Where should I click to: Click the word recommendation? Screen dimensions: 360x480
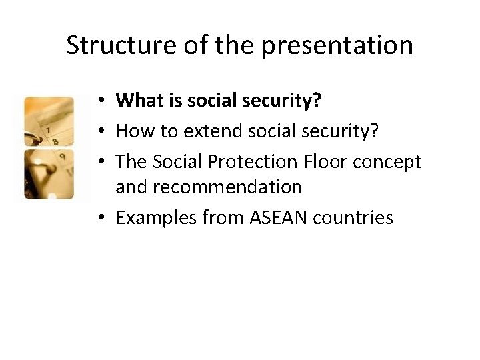209,187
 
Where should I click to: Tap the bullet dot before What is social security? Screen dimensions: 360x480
98,101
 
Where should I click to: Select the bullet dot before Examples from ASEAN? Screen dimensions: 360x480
98,217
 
